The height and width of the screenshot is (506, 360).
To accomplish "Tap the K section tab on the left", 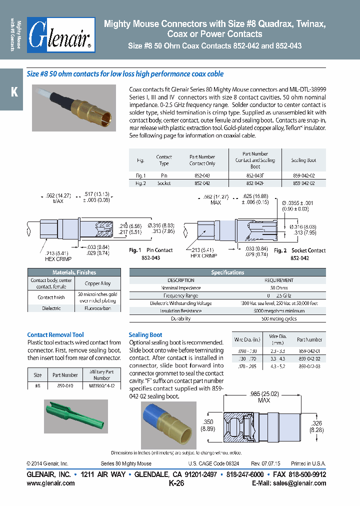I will click(13, 92).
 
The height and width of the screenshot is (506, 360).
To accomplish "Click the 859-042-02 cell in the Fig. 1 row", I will click(303, 175).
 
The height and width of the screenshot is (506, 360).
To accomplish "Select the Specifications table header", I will click(227, 272).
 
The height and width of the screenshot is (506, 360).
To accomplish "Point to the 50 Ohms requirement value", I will click(279, 288).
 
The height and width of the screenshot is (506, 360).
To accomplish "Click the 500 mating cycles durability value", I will click(279, 318).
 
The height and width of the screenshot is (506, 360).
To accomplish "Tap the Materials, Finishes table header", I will click(74, 272).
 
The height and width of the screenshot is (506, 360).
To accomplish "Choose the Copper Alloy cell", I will click(98, 283).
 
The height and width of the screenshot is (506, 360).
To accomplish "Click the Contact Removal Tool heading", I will click(55, 334).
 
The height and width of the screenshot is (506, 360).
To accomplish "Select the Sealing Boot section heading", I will click(145, 334).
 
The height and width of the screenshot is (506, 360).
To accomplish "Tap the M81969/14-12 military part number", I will click(101, 386).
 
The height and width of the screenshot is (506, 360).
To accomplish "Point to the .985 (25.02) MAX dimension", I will click(263, 396).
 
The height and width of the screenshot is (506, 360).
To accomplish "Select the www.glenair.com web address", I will click(50, 483).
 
